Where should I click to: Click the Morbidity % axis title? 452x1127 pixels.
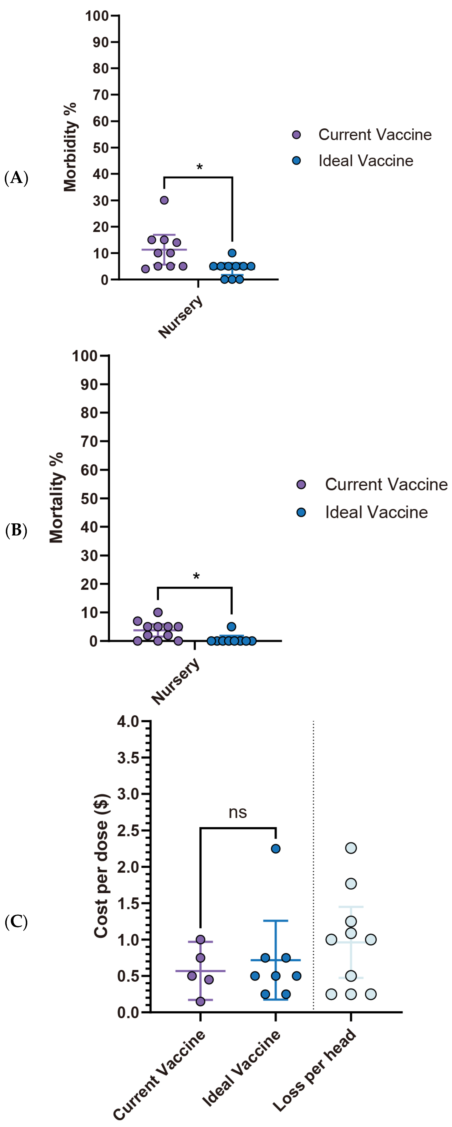click(70, 147)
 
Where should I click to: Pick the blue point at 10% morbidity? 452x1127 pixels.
click(232, 253)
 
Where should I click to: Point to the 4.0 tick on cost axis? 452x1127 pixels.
click(128, 721)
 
